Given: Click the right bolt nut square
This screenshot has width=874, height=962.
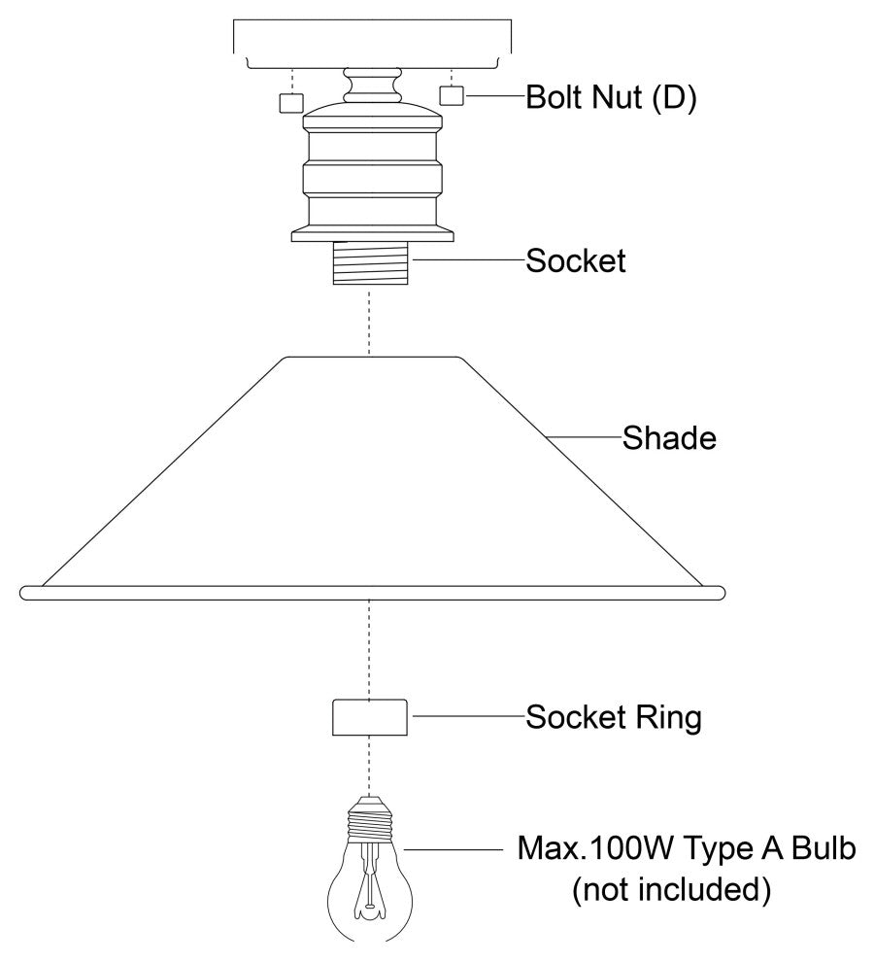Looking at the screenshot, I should pos(453,95).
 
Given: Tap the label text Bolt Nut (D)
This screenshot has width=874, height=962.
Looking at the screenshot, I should pos(611,99).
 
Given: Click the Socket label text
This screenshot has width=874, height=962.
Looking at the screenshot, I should pos(576,261).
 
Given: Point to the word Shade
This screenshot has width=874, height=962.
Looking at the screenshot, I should pos(669,438).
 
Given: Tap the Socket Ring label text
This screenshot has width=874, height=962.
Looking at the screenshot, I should pos(613,719).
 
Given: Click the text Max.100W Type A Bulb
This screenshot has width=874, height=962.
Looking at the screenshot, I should pos(687,850).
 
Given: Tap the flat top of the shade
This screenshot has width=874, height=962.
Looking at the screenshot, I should pos(372,358).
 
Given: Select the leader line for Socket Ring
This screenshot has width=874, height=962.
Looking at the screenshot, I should pos(466,718).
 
